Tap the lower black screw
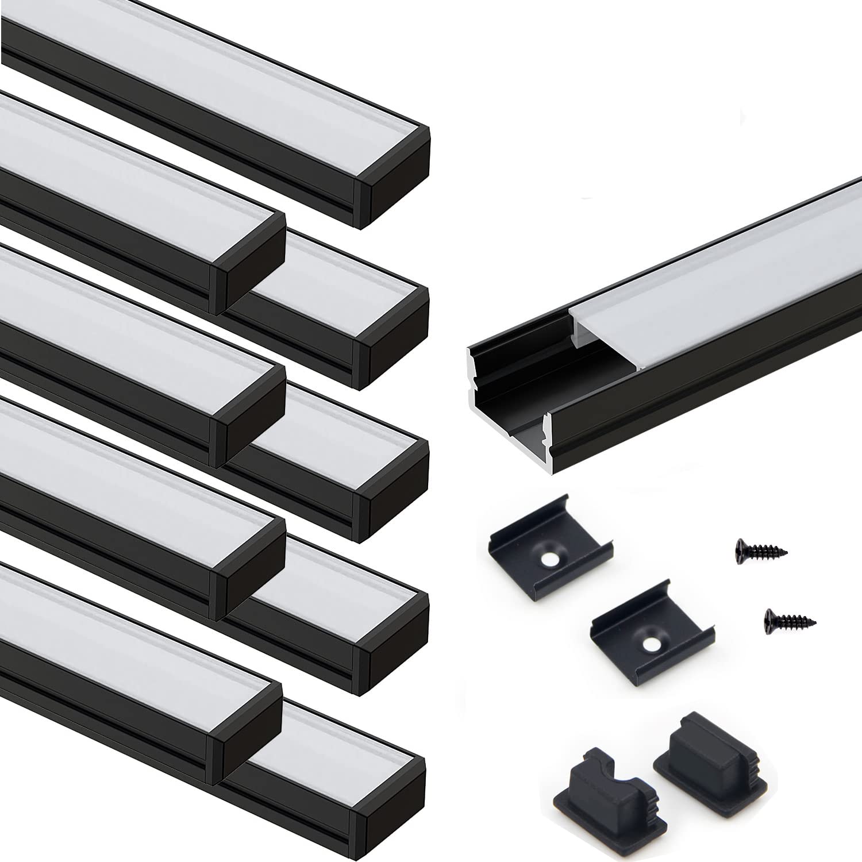(x=790, y=619)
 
